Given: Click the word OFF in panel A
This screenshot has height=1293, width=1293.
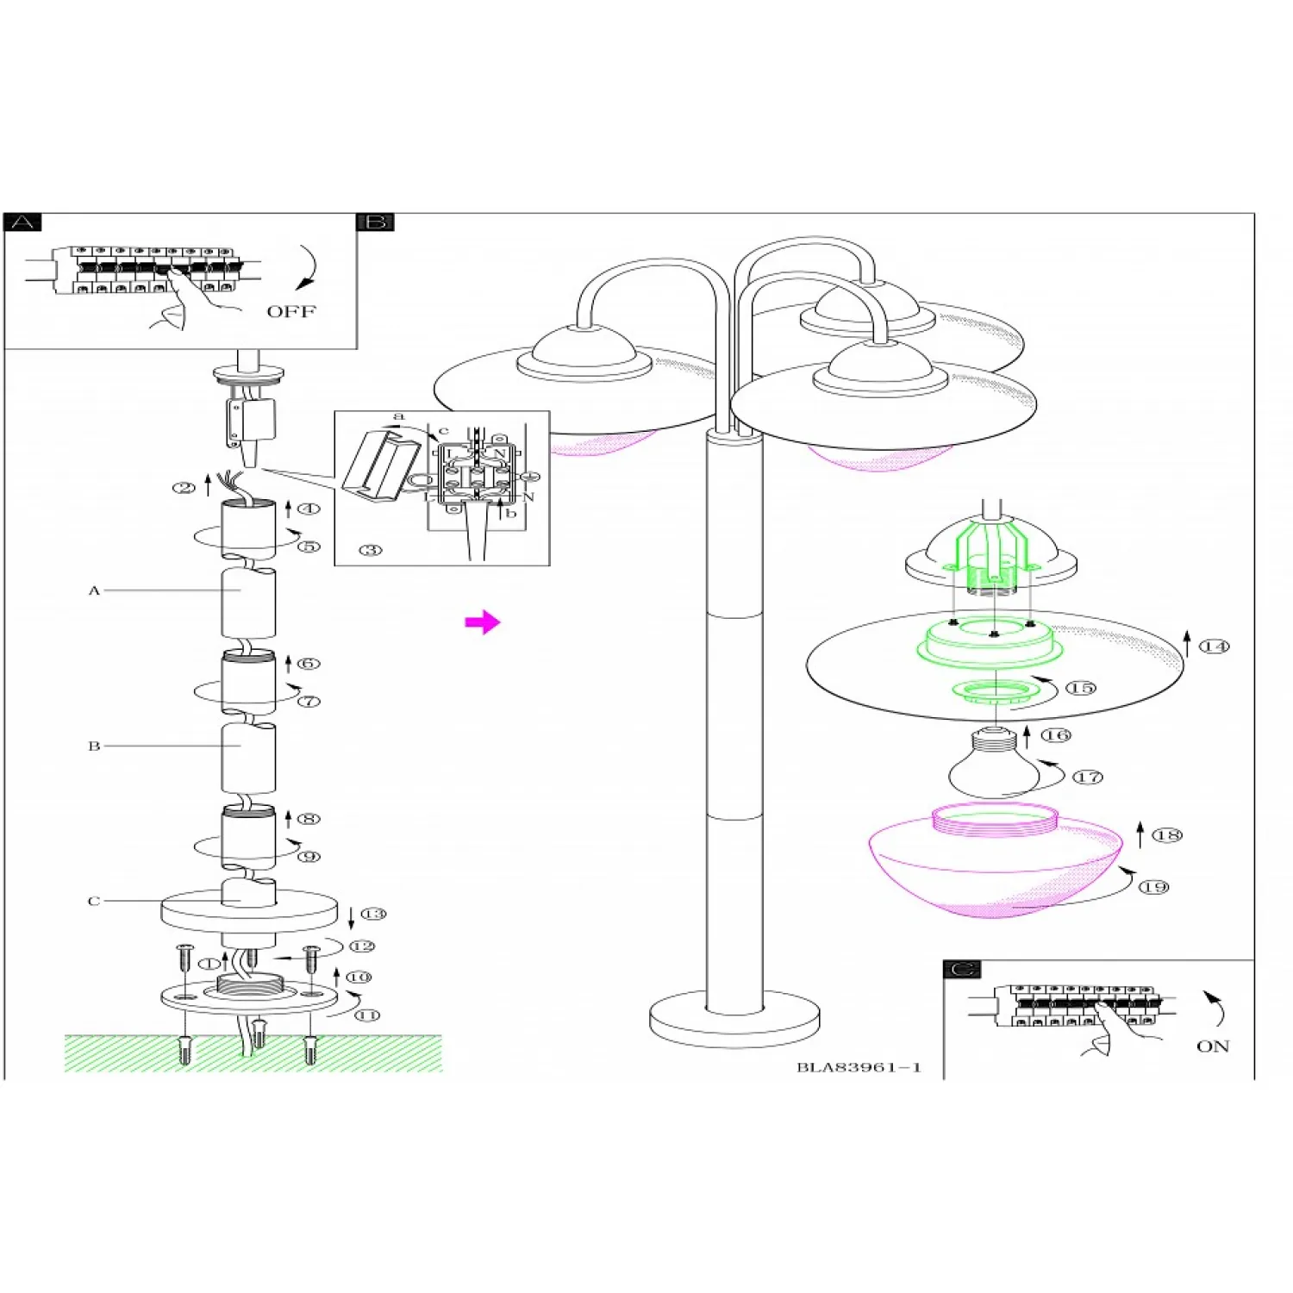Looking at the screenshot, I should (291, 311).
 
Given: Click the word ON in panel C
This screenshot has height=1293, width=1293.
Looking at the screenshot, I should (1212, 1046).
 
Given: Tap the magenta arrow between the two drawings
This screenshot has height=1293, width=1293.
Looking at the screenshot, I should (482, 622).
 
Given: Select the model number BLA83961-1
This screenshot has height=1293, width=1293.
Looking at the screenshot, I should (859, 1067).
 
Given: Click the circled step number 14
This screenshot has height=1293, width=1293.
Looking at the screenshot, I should (1215, 646).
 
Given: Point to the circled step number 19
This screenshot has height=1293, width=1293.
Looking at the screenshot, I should (1154, 887).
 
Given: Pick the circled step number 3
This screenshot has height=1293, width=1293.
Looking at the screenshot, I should (371, 550).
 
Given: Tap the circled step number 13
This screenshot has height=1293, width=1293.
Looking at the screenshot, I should (373, 914).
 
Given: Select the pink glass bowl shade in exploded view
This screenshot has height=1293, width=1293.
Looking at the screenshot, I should (996, 862).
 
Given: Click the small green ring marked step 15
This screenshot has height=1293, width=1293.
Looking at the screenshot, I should (995, 690).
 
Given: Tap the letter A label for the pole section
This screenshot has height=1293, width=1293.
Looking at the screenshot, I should (94, 590).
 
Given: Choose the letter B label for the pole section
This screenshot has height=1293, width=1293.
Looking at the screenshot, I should (94, 746).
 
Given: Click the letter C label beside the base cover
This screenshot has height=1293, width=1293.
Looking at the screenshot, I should (94, 901).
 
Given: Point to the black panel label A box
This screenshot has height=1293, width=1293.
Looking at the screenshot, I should (23, 222).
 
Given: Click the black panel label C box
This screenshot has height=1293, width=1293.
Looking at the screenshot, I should (962, 969).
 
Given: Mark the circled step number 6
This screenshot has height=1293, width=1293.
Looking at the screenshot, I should (309, 663).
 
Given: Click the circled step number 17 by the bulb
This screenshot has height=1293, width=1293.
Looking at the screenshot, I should (1088, 777).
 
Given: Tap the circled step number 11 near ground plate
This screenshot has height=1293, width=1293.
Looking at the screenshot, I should (368, 1015).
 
